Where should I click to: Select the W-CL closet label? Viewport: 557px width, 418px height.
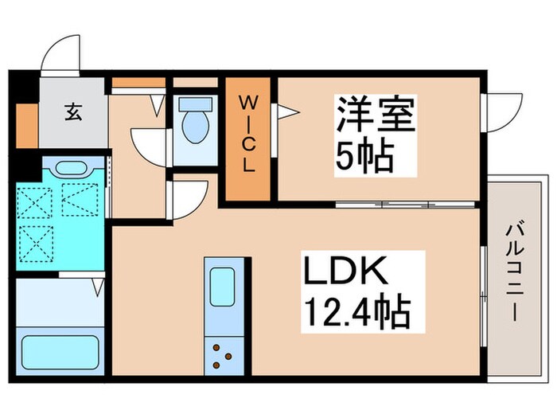point(249,136)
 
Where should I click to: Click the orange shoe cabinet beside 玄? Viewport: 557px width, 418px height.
point(27,125)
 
